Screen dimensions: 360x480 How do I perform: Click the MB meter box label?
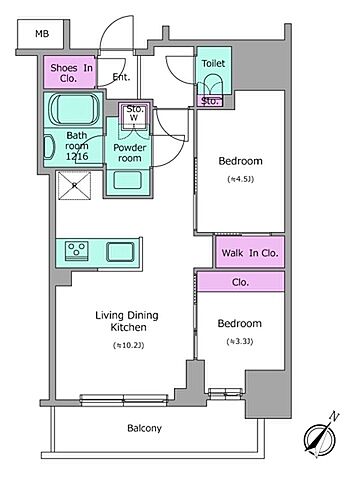(x=42, y=34)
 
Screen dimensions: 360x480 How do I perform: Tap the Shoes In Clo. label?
(x=71, y=73)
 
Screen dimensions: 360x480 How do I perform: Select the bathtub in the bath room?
(x=75, y=110)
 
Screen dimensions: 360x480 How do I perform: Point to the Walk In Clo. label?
(x=250, y=253)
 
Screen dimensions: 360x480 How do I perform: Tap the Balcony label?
(x=144, y=428)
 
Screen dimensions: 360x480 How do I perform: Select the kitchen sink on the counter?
(x=120, y=252)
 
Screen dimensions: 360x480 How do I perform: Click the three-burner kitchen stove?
(x=76, y=250)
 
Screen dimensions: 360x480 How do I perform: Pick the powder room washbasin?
(x=128, y=180)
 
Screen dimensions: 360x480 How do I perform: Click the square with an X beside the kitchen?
(x=74, y=186)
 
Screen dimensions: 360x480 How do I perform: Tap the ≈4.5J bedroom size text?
(x=240, y=179)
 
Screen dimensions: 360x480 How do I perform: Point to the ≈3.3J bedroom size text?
(x=240, y=342)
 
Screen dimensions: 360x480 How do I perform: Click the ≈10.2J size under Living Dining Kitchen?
(x=128, y=346)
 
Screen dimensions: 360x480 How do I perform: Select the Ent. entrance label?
(x=121, y=77)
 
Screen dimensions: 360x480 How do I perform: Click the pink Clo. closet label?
(x=240, y=282)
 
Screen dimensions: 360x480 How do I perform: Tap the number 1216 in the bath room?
(x=77, y=156)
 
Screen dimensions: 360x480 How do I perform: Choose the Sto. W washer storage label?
(x=134, y=113)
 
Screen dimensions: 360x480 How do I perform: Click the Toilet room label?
(x=213, y=63)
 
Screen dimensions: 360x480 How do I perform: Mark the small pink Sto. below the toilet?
(x=210, y=101)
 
